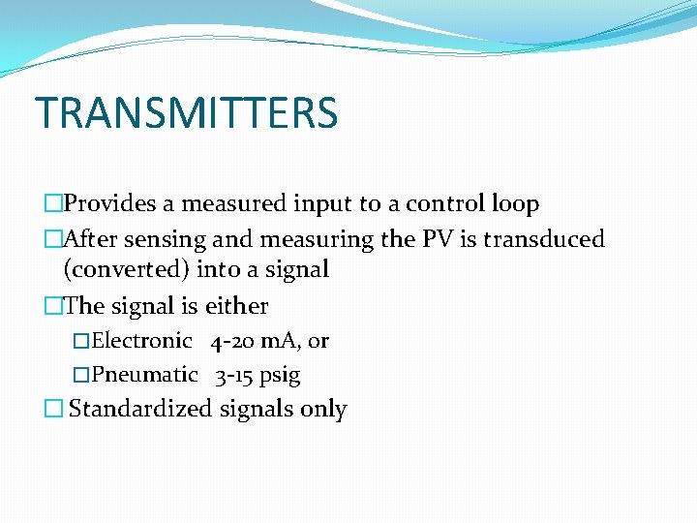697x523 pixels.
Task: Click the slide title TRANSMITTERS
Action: click(186, 112)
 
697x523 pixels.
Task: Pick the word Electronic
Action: click(142, 341)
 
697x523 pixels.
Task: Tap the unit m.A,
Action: click(282, 341)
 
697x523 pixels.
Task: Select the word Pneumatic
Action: click(145, 375)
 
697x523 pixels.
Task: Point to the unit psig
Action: click(280, 376)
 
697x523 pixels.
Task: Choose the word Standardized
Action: click(140, 409)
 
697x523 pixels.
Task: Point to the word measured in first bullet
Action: click(225, 204)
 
